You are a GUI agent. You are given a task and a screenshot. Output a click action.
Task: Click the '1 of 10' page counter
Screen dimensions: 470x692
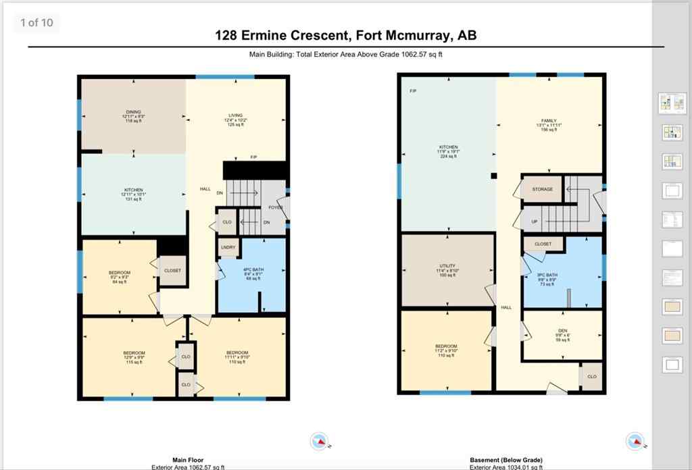click(x=36, y=23)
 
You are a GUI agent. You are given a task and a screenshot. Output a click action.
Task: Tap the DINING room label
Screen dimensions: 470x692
click(x=133, y=112)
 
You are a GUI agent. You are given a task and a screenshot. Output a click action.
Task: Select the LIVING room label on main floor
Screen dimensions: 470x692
click(x=235, y=115)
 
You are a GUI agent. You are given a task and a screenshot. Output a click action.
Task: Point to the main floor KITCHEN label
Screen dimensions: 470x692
click(x=133, y=190)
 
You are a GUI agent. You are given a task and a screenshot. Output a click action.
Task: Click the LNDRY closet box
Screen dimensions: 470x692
click(x=228, y=248)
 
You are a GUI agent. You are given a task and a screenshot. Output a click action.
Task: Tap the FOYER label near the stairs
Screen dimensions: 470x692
click(x=275, y=207)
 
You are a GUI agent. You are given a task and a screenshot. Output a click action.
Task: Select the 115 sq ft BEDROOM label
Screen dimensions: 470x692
click(x=134, y=353)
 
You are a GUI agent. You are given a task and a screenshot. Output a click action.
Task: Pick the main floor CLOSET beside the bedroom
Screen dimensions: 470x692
click(x=172, y=270)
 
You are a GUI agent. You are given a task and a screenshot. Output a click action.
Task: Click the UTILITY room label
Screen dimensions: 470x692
click(x=447, y=266)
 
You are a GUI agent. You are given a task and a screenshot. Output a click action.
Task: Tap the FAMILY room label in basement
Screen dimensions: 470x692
click(x=549, y=121)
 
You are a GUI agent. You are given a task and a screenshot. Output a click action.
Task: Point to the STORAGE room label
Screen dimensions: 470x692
click(x=542, y=189)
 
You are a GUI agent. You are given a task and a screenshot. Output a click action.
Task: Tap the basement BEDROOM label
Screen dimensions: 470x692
click(x=447, y=347)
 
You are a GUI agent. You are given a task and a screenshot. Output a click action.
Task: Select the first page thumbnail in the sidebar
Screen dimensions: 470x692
click(x=672, y=103)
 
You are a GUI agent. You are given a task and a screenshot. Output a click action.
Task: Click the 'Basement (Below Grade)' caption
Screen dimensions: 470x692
click(x=505, y=460)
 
